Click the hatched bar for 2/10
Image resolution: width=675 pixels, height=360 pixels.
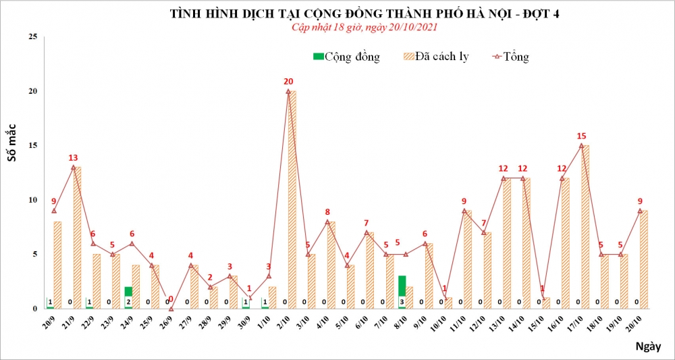coord(292,200)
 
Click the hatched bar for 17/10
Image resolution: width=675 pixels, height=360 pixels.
coord(585,227)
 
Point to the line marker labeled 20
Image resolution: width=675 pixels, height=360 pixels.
coord(288,91)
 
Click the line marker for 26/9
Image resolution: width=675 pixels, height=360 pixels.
coord(171,308)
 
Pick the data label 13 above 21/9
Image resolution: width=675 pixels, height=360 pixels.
coord(73,157)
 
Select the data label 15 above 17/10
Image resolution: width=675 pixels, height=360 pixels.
coord(581,136)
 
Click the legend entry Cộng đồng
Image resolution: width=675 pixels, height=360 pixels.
coord(346,57)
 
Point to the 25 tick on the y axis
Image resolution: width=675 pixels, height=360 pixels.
coord(32,36)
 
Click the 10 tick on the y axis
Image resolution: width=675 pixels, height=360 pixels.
coord(32,200)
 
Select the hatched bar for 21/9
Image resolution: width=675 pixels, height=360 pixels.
coord(77,238)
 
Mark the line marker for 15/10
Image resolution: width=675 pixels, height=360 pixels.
coord(543,298)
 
